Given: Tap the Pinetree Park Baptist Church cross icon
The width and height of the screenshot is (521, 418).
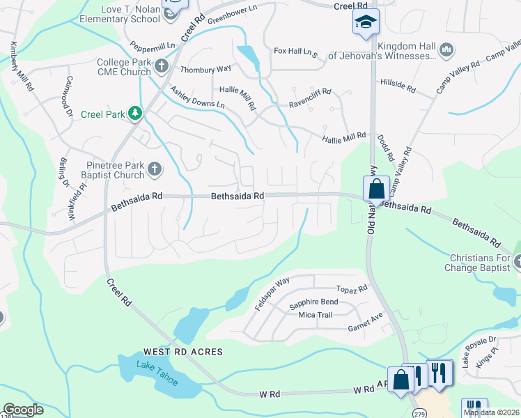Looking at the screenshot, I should pyautogui.click(x=155, y=168).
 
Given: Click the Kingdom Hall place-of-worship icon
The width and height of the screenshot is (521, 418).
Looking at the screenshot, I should pyautogui.click(x=447, y=49).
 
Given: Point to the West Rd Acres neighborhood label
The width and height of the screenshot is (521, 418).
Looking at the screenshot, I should pyautogui.click(x=183, y=352).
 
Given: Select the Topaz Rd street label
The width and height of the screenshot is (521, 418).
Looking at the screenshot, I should pyautogui.click(x=352, y=288).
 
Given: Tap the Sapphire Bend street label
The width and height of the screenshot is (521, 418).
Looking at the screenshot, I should pyautogui.click(x=313, y=302).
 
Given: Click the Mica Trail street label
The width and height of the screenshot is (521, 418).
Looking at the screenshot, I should pyautogui.click(x=315, y=315).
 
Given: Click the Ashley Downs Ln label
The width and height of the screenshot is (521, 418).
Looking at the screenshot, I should pyautogui.click(x=198, y=98).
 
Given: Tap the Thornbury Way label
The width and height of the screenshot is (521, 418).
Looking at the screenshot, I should pyautogui.click(x=205, y=70).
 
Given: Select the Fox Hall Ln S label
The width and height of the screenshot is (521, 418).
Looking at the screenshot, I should pyautogui.click(x=295, y=52).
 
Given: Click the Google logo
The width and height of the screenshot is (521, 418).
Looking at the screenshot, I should pyautogui.click(x=24, y=410).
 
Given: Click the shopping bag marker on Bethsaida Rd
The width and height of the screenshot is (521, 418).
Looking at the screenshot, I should pyautogui.click(x=376, y=188).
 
